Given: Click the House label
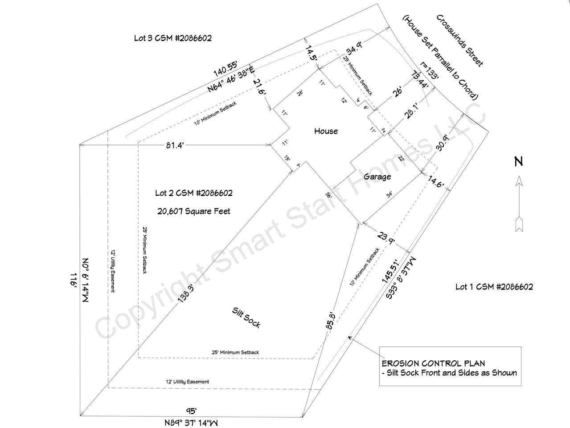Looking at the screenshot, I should coord(326,131).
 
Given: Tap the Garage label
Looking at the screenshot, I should coord(377,177).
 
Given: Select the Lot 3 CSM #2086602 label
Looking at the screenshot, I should coord(172,38).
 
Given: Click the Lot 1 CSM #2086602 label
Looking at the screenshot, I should coord(494,287).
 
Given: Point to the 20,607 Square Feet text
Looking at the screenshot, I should coord(194,211).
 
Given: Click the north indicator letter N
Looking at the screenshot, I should coord(518,161).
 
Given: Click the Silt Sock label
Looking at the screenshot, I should coord(246,318).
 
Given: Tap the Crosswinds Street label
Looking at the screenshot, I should coord(459,41).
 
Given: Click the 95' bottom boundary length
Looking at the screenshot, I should coord(191,411).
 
